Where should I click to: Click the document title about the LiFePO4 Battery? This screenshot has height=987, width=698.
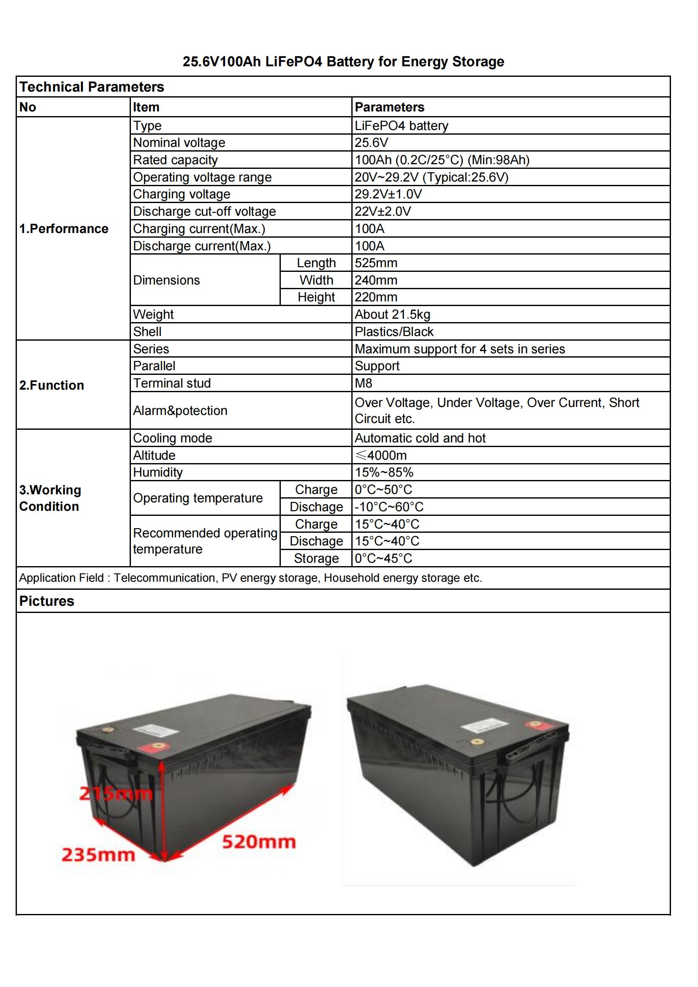(343, 62)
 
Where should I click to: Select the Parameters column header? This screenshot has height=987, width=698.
(389, 107)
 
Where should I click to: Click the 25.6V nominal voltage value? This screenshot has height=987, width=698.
(371, 142)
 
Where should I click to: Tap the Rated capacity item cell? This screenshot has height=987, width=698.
(176, 160)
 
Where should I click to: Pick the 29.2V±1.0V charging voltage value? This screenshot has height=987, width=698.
(388, 194)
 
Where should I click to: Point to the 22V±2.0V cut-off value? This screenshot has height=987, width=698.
(382, 211)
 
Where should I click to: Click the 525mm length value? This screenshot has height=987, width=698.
(376, 263)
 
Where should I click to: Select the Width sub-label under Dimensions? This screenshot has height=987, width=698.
(316, 280)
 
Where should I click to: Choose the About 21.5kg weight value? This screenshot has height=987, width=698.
(392, 314)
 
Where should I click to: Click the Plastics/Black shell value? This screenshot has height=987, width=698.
(394, 331)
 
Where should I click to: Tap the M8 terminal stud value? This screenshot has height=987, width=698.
(364, 383)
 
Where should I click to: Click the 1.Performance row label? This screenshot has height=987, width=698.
(64, 229)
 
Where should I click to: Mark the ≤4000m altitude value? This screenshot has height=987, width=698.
(380, 455)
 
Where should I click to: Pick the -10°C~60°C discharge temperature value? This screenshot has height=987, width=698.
(389, 507)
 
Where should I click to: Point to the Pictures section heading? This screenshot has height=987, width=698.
(47, 601)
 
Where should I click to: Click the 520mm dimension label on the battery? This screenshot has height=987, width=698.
(259, 841)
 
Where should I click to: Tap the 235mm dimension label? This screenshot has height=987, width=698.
(98, 854)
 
